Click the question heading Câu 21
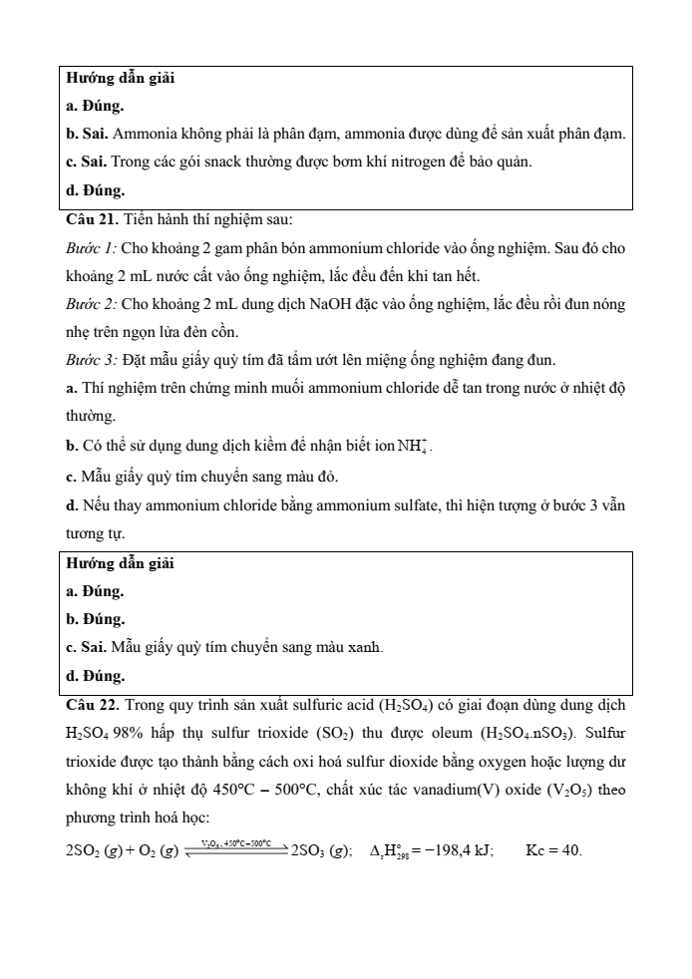click(91, 219)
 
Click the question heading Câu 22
click(92, 706)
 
